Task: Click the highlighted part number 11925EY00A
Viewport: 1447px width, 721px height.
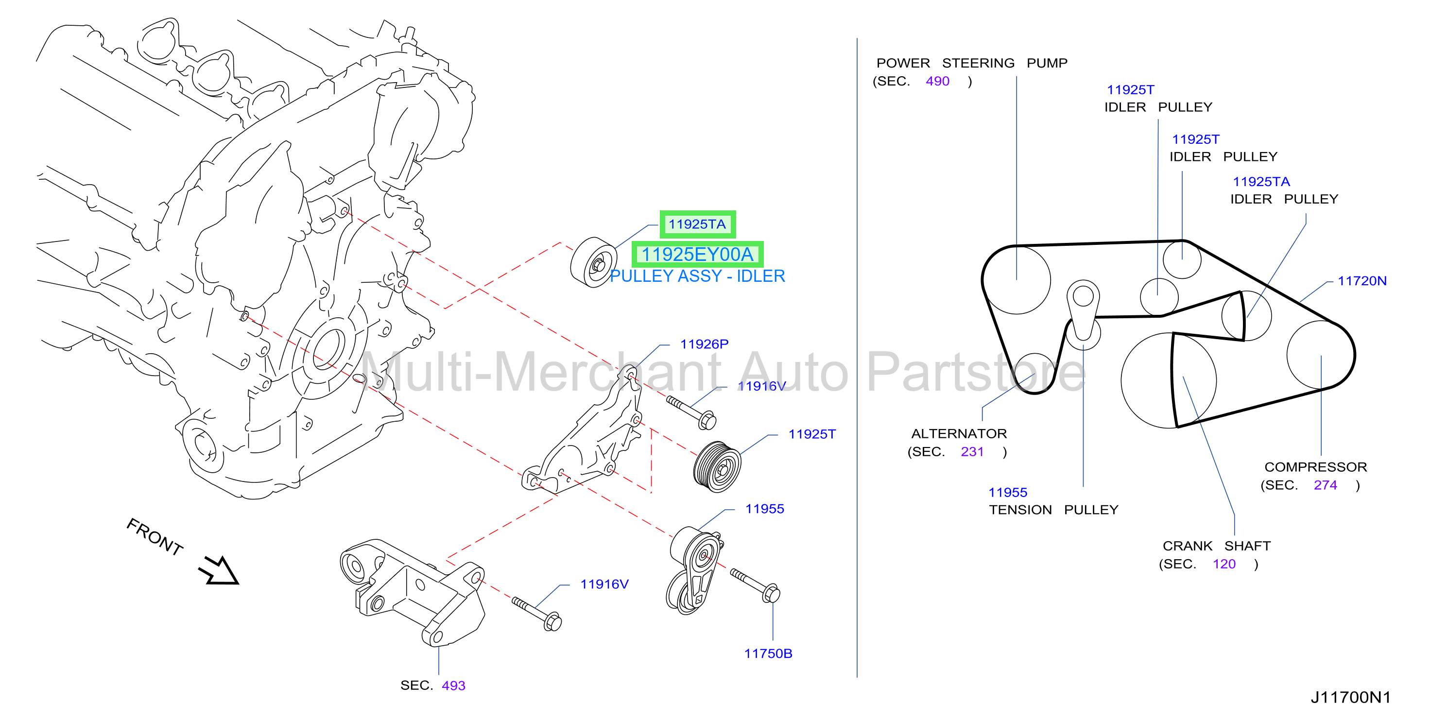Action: [x=697, y=255]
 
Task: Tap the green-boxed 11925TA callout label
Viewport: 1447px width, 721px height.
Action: [x=697, y=224]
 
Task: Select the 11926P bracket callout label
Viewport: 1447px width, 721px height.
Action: [x=704, y=344]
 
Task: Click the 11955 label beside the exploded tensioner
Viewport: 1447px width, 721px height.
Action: [x=764, y=509]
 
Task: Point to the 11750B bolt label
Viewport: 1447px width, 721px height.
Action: [x=768, y=653]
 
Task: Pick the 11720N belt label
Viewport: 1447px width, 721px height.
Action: [x=1361, y=281]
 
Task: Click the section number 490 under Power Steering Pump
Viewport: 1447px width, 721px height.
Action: [x=937, y=82]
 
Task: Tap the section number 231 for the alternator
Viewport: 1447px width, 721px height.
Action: [x=972, y=452]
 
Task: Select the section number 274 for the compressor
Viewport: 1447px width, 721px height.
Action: [x=1325, y=485]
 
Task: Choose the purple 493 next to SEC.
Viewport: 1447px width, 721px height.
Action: [x=453, y=686]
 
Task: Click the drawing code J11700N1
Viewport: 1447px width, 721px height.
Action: [x=1351, y=697]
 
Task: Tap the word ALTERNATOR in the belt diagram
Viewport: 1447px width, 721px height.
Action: [x=959, y=433]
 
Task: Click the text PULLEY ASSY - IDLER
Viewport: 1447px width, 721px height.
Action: [x=697, y=276]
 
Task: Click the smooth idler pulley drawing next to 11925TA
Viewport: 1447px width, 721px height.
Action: [x=594, y=262]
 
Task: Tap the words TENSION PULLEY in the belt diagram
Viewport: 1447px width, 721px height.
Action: [x=1053, y=510]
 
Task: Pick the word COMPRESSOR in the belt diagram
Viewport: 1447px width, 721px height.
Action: [x=1315, y=467]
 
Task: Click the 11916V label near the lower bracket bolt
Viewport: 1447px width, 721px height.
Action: [x=604, y=584]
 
